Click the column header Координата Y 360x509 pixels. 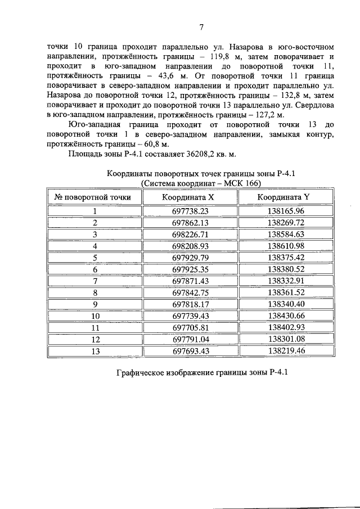(283, 197)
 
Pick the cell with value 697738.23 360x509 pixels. (190, 211)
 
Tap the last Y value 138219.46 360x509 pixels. (286, 351)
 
